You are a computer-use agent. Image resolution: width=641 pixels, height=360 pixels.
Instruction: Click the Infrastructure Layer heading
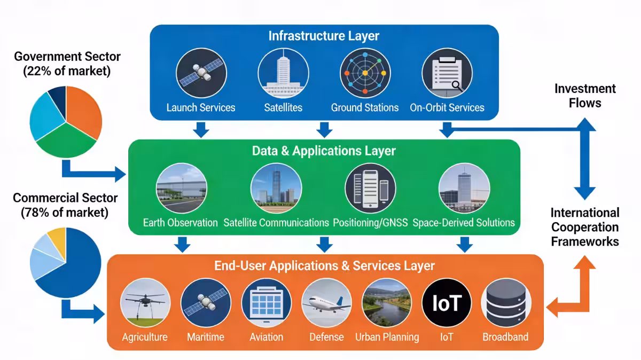click(x=324, y=36)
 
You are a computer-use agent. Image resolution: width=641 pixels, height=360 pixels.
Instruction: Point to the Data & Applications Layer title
click(x=324, y=151)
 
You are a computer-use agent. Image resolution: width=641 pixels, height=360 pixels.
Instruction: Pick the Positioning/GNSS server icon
click(x=370, y=189)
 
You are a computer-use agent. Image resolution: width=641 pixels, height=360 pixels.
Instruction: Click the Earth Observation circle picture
click(x=181, y=189)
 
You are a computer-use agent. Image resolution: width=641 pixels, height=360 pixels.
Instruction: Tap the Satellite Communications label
click(x=276, y=222)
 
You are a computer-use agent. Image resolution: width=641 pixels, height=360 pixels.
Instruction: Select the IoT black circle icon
click(x=447, y=303)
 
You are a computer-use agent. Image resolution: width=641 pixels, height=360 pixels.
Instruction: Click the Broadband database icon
click(x=505, y=303)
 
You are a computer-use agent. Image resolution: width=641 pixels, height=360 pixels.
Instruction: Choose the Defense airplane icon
click(x=326, y=303)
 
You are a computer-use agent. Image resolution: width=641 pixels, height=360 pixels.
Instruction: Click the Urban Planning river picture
click(x=387, y=303)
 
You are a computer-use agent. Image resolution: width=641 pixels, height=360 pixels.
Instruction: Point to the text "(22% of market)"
click(x=67, y=71)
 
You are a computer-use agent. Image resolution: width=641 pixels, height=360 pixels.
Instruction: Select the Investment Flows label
click(x=585, y=96)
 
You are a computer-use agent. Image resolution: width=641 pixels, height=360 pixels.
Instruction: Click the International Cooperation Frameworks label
click(x=585, y=227)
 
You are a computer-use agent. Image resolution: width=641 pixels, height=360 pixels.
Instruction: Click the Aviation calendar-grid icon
click(x=266, y=303)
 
